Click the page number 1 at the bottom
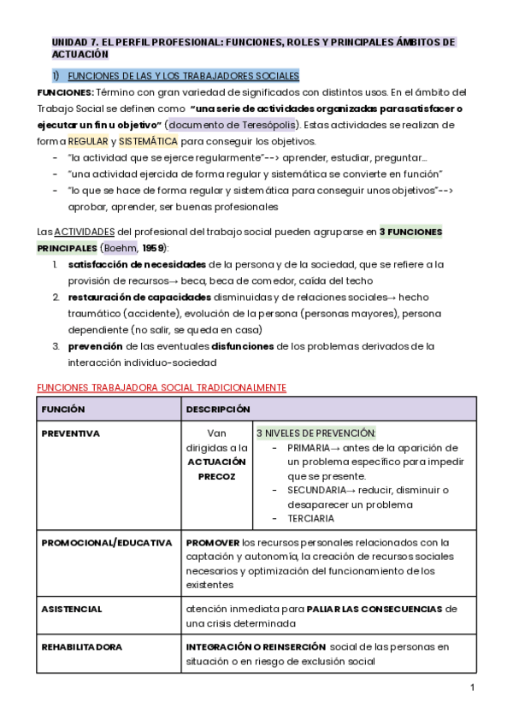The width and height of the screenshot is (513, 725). click(x=472, y=688)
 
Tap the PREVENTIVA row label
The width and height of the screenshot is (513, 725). click(x=71, y=433)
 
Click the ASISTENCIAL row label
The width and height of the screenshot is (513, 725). click(x=72, y=610)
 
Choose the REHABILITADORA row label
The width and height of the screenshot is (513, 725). click(x=83, y=647)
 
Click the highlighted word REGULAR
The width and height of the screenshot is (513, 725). click(x=88, y=141)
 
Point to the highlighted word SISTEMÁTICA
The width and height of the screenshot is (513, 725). click(x=148, y=141)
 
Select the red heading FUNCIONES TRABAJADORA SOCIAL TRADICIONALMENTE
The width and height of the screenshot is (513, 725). click(x=161, y=387)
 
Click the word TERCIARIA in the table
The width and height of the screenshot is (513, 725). click(x=311, y=518)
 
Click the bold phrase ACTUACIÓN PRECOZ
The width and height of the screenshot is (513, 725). click(x=217, y=469)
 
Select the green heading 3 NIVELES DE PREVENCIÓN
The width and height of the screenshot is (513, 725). click(x=315, y=433)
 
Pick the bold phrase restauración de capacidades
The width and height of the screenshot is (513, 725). click(x=139, y=298)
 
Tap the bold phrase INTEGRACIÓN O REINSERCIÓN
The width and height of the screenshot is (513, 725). click(x=256, y=647)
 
